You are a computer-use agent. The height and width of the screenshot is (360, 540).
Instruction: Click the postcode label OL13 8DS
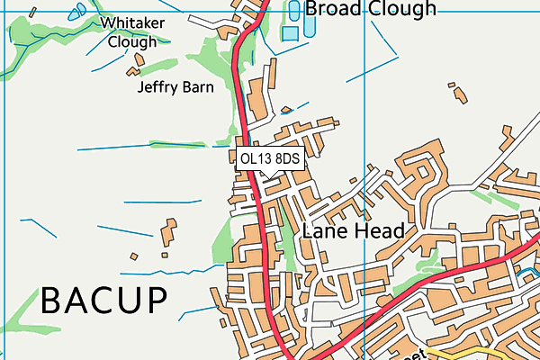point(269,158)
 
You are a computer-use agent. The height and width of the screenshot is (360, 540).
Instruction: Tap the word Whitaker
point(131,22)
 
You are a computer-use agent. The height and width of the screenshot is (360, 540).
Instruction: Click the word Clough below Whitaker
point(131,41)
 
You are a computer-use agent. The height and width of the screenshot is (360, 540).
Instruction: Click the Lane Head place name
point(353,230)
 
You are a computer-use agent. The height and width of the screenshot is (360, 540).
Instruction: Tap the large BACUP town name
point(104,301)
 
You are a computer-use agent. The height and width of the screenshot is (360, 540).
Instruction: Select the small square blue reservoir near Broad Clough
point(290,33)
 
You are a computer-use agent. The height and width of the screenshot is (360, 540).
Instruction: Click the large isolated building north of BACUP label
point(168,232)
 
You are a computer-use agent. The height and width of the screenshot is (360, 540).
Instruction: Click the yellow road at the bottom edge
point(459,353)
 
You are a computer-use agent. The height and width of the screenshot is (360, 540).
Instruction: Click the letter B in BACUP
point(54,301)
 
